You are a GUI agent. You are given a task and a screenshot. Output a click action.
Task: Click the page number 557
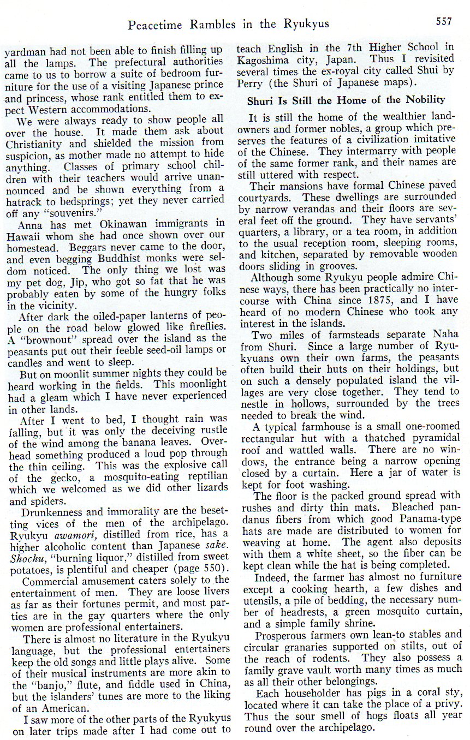(x=444, y=21)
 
